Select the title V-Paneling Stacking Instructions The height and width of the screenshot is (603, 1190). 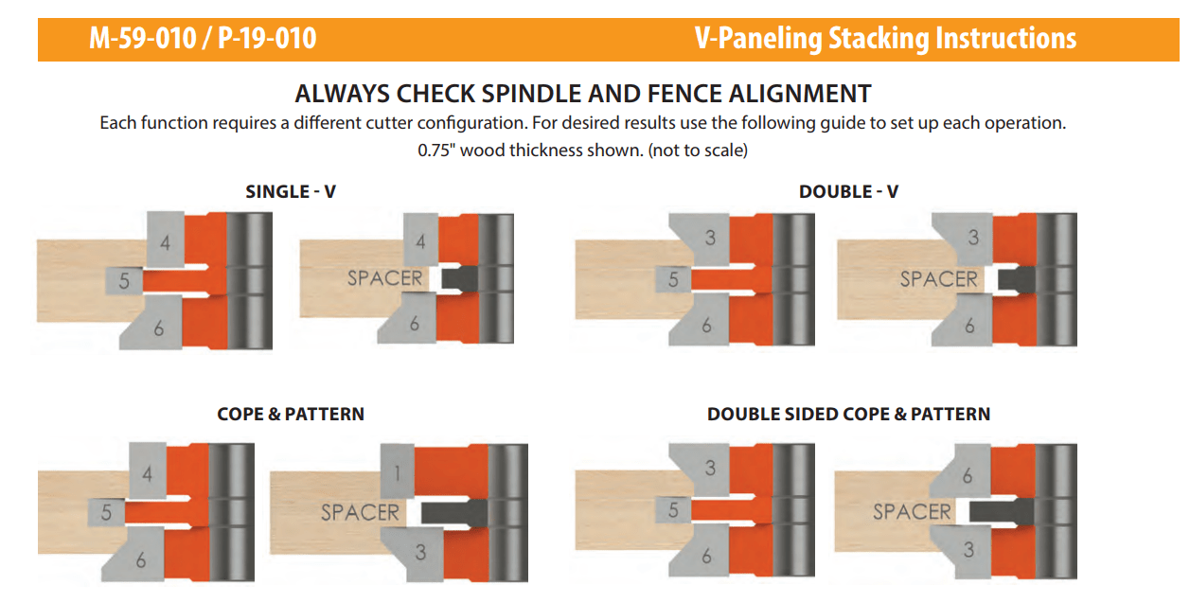[x=884, y=39]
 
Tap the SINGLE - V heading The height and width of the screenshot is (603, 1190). [x=291, y=191]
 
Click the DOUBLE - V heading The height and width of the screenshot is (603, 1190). [x=848, y=191]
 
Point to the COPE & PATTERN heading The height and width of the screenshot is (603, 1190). [x=291, y=414]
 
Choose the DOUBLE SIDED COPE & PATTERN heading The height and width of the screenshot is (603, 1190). [x=848, y=414]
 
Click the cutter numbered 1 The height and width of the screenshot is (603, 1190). [x=398, y=471]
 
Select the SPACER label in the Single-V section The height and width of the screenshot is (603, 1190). [x=384, y=278]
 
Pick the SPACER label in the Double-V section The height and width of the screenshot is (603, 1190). [x=938, y=279]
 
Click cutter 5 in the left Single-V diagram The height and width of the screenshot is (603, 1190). [x=124, y=280]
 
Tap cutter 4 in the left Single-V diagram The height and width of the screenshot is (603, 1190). [x=165, y=243]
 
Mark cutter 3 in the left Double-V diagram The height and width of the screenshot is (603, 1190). [x=710, y=239]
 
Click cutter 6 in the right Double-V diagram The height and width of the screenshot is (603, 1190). [x=968, y=326]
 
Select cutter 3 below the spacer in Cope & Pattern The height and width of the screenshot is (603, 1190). [x=420, y=552]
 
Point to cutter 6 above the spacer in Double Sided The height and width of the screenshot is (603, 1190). [x=967, y=476]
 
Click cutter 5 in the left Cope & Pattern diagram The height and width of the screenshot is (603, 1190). [x=106, y=512]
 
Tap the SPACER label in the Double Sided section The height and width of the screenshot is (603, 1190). [x=911, y=511]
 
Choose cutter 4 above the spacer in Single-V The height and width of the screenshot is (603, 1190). [x=420, y=241]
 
